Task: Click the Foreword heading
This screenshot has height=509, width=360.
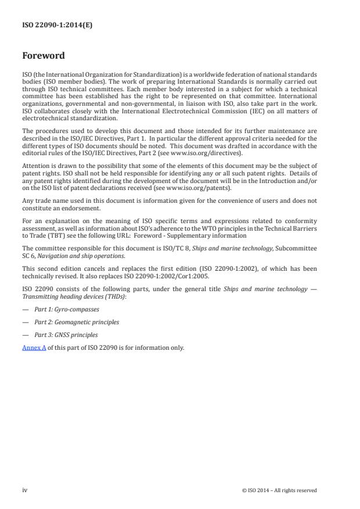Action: [44, 56]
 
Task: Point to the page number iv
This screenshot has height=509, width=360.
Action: [25, 490]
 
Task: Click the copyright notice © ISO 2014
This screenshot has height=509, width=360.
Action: [279, 490]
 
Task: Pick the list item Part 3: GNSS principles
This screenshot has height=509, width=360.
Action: [66, 335]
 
